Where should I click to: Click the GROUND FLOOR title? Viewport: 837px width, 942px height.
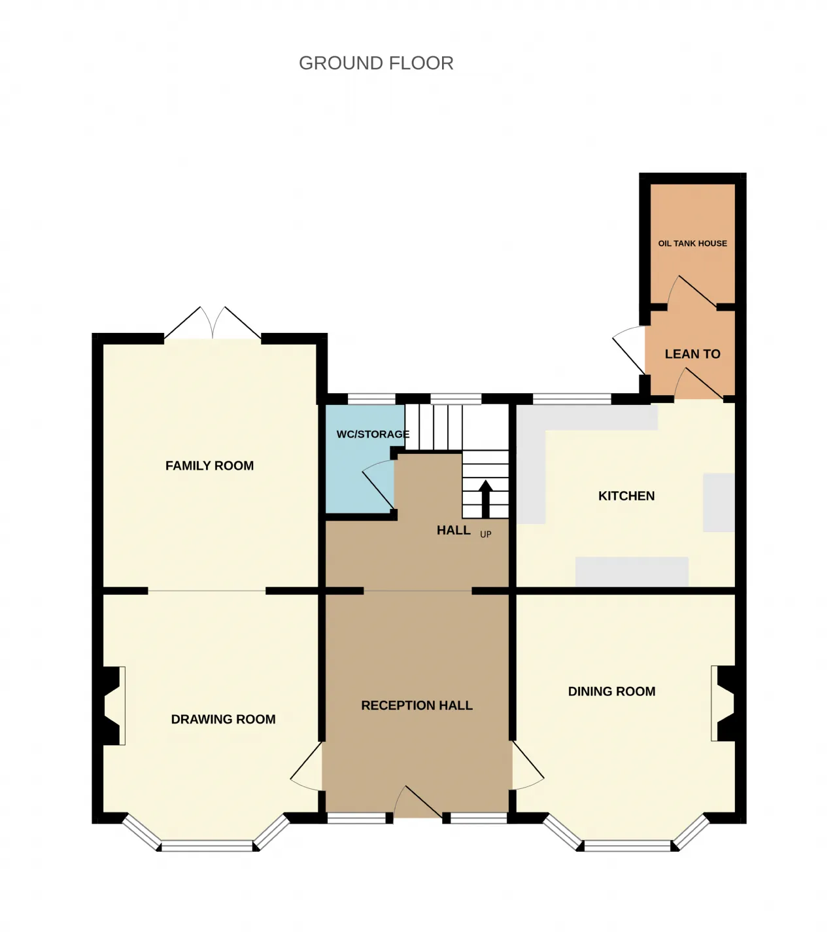click(x=375, y=63)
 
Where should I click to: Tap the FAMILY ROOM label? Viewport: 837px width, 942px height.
click(x=210, y=465)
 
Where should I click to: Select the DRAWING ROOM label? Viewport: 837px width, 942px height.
click(x=223, y=719)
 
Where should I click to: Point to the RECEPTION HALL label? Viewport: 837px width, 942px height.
click(x=417, y=705)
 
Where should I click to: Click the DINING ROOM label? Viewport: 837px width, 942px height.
click(x=611, y=691)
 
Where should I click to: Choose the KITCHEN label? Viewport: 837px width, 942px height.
click(x=626, y=496)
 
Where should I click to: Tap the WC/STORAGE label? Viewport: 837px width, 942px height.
click(x=373, y=434)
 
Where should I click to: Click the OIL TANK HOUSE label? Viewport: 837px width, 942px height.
click(x=692, y=243)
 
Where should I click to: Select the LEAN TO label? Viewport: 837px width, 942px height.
click(x=692, y=354)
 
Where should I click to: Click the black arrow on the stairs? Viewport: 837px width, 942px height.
click(x=485, y=499)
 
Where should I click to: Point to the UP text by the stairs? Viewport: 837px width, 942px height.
click(x=485, y=534)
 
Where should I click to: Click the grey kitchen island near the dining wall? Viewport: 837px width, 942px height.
click(x=632, y=571)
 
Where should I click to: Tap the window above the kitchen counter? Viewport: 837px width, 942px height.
click(x=572, y=398)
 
